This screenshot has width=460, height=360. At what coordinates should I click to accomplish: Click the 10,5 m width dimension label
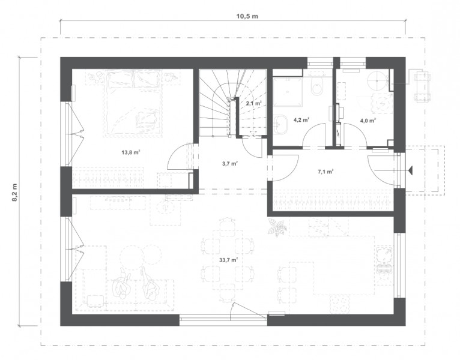247,16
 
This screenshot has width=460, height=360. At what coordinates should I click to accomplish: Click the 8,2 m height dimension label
14,193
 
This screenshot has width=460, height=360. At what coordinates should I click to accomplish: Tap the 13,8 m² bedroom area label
130,152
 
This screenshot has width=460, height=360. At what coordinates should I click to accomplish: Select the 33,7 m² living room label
228,259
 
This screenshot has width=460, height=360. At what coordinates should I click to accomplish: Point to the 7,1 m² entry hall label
325,172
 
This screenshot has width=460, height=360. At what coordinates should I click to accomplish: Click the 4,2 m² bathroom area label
301,119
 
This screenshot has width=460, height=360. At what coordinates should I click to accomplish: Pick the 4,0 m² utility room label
369,120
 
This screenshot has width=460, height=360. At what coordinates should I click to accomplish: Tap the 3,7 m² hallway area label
230,163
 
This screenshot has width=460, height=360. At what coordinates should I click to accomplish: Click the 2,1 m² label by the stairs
254,103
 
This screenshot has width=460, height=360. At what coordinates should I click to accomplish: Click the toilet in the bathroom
317,85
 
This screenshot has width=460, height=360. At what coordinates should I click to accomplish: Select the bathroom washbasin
282,122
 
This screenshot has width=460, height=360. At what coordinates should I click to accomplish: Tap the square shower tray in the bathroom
288,91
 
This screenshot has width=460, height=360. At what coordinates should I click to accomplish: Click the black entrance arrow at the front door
410,170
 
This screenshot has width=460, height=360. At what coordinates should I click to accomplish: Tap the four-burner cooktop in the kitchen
340,304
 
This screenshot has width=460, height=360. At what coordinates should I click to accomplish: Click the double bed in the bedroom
133,103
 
